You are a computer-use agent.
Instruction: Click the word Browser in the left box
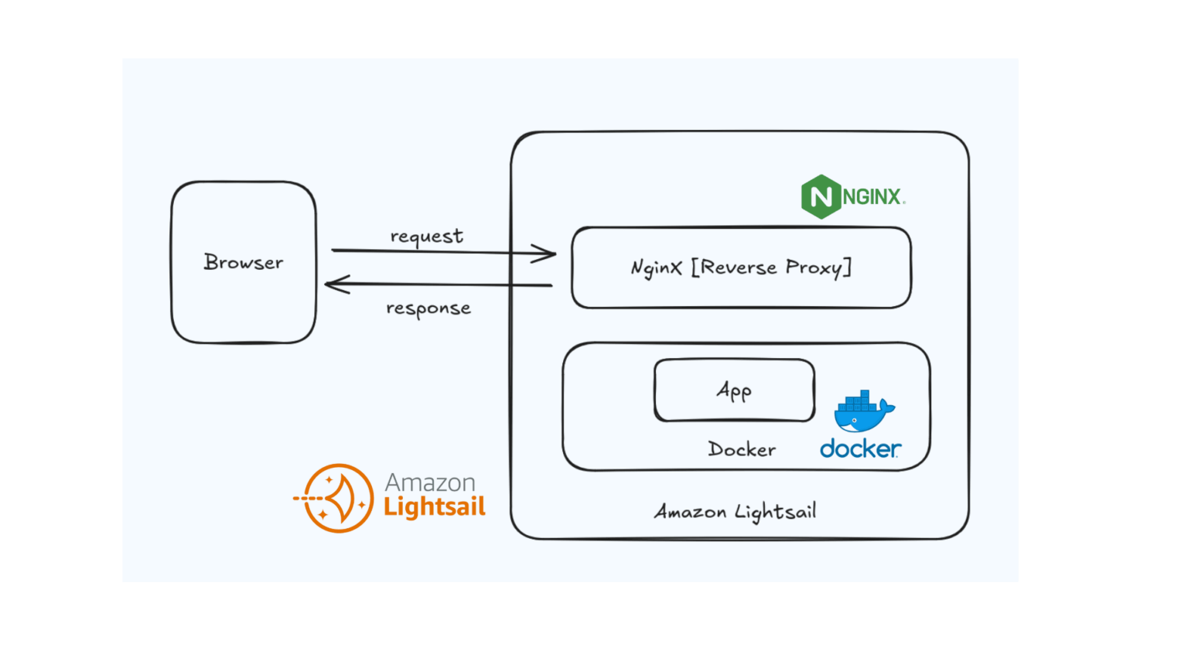[x=244, y=263]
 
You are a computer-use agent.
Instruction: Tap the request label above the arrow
[x=426, y=236]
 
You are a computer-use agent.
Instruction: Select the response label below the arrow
[x=428, y=308]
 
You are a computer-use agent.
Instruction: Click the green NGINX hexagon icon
[x=821, y=196]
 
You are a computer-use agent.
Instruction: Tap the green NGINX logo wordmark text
[x=872, y=197]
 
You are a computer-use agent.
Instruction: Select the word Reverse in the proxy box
[x=739, y=268]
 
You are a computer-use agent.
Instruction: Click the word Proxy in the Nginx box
[x=814, y=268]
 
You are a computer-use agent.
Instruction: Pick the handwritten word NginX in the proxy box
[x=656, y=268]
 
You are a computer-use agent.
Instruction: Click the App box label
[x=734, y=390]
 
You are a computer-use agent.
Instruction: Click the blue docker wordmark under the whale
[x=860, y=448]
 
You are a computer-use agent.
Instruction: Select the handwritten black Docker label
[x=742, y=449]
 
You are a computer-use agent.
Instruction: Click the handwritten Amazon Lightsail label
[x=735, y=512]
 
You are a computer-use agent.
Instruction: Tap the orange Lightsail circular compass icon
[x=337, y=498]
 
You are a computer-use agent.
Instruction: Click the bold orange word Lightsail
[x=435, y=507]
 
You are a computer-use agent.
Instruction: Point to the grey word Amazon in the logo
[x=430, y=482]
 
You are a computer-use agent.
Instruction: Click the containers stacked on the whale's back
[x=858, y=400]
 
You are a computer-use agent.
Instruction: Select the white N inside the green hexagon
[x=821, y=196]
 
